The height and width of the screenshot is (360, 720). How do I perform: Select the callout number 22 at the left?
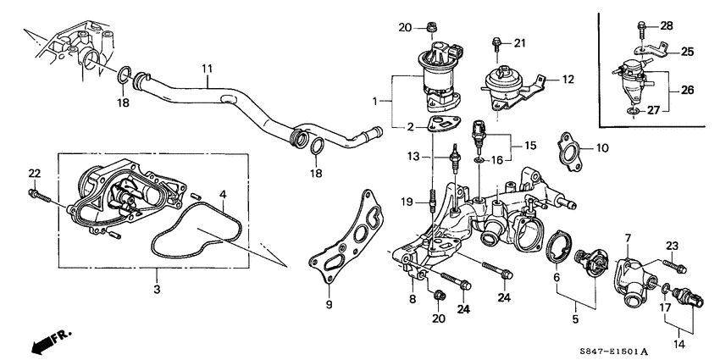pos(34,174)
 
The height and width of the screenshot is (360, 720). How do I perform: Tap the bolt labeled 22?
pos(37,197)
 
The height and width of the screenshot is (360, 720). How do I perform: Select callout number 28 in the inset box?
pos(666,26)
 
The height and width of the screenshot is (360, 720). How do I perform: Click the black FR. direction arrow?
pos(42,341)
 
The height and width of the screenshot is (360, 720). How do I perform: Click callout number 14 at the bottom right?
pos(677,344)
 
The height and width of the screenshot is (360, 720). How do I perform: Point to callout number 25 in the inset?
pos(687,53)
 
